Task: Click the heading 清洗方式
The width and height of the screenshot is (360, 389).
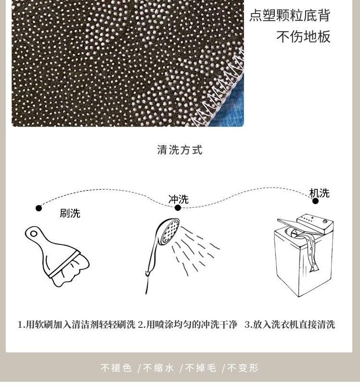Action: [x=180, y=150]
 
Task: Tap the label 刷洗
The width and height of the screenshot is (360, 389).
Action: [x=70, y=213]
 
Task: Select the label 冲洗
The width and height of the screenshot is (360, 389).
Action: [x=179, y=199]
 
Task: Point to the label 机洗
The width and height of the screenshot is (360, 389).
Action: [x=320, y=193]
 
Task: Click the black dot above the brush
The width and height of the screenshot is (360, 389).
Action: [x=39, y=208]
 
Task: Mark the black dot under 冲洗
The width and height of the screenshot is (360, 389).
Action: [x=178, y=208]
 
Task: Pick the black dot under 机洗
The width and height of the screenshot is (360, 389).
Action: [x=315, y=201]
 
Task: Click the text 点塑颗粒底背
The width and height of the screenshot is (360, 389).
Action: [x=290, y=15]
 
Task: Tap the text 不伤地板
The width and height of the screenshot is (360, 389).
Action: [x=304, y=37]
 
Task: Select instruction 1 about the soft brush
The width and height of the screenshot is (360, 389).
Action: [x=77, y=324]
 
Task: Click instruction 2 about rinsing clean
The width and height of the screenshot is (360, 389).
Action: [x=188, y=324]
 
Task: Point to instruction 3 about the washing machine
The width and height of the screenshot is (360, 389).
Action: [x=290, y=324]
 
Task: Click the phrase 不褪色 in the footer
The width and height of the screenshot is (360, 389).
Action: [x=116, y=368]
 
